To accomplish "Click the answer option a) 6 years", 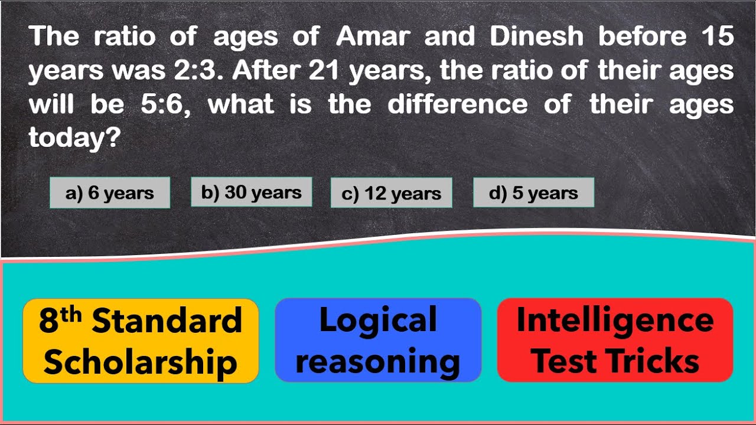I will tap(110, 193).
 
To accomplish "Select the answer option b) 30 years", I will tap(251, 192).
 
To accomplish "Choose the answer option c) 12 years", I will tap(391, 194).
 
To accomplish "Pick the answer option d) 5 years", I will tap(533, 193).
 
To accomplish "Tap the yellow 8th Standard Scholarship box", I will tap(141, 341).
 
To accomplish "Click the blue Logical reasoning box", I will tap(378, 340).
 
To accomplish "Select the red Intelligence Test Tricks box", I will tap(615, 340).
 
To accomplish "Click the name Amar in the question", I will tap(372, 37).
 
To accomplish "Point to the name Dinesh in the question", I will tap(536, 37).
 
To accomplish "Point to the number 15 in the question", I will tap(717, 37).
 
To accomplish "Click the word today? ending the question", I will tap(74, 139).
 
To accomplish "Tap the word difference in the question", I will tap(457, 105).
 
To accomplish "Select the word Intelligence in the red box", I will tap(615, 320).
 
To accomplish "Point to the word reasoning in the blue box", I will tap(378, 361).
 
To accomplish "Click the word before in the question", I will tap(643, 37).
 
